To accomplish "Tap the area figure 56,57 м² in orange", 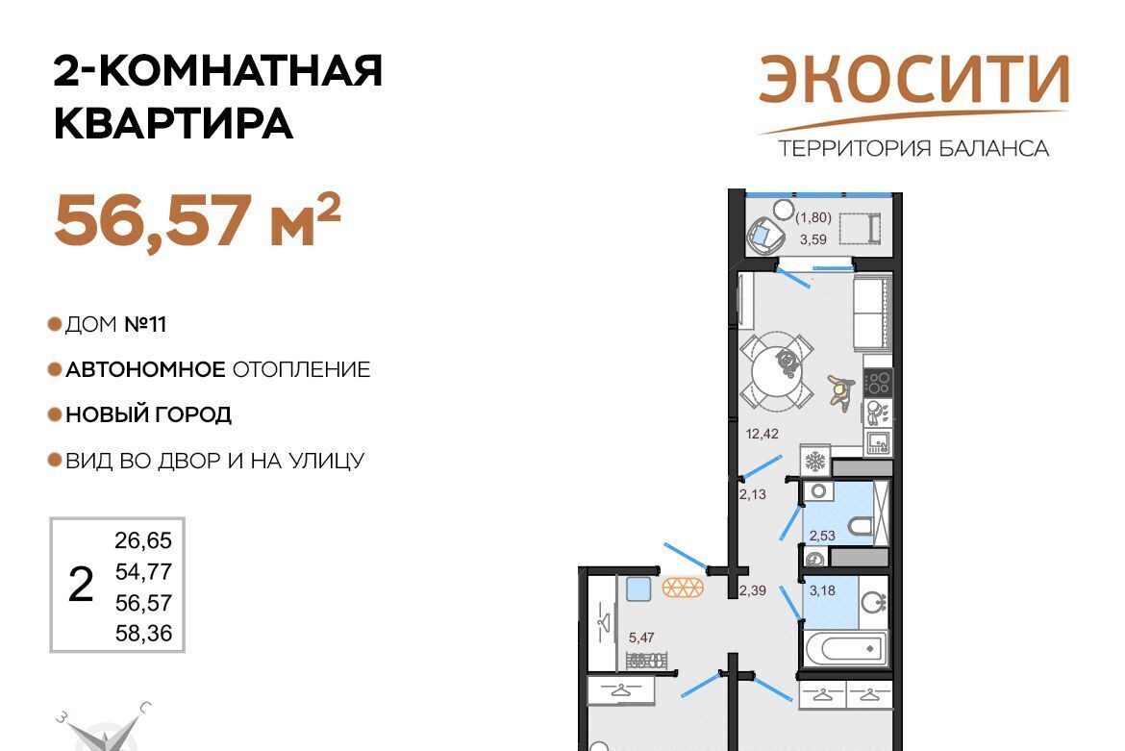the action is tap(197, 220).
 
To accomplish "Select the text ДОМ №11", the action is tap(115, 324).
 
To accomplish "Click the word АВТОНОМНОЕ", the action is tap(145, 369).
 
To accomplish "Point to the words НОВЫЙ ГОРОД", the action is tap(148, 414).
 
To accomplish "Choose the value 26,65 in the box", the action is tap(143, 540).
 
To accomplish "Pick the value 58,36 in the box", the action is tap(143, 634).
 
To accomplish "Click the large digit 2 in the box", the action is tap(81, 584).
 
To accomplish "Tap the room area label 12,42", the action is tap(762, 434).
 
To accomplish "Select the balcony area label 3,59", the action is tap(812, 239).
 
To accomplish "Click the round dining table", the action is tap(777, 370).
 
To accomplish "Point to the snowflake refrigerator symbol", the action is tap(815, 462).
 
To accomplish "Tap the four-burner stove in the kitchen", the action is tap(878, 383).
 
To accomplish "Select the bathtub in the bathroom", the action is tap(846, 648).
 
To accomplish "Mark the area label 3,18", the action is tap(822, 590).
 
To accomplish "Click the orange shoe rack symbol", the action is tap(683, 588).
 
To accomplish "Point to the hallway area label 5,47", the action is tap(641, 637).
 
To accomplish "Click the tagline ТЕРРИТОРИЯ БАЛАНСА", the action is tap(913, 148).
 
